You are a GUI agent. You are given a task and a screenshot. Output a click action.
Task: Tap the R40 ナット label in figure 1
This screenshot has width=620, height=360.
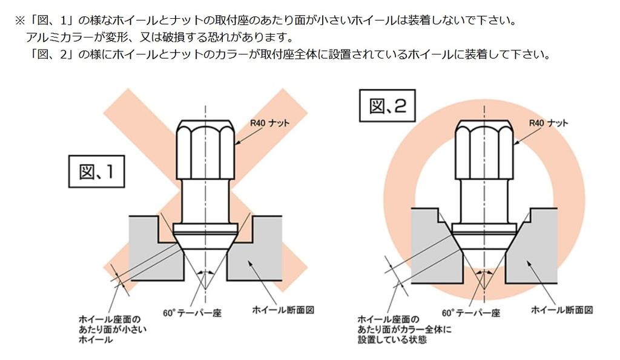[x=269, y=123]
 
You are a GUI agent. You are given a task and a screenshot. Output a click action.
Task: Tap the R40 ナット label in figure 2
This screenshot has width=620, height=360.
[x=549, y=123]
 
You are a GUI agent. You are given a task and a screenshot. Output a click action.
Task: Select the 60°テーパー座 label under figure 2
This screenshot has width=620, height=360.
[x=470, y=313]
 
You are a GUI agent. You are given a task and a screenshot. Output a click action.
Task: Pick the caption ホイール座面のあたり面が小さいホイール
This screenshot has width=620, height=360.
[x=113, y=329]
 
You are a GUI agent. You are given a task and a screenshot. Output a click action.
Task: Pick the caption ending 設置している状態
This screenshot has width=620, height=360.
[x=404, y=329]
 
